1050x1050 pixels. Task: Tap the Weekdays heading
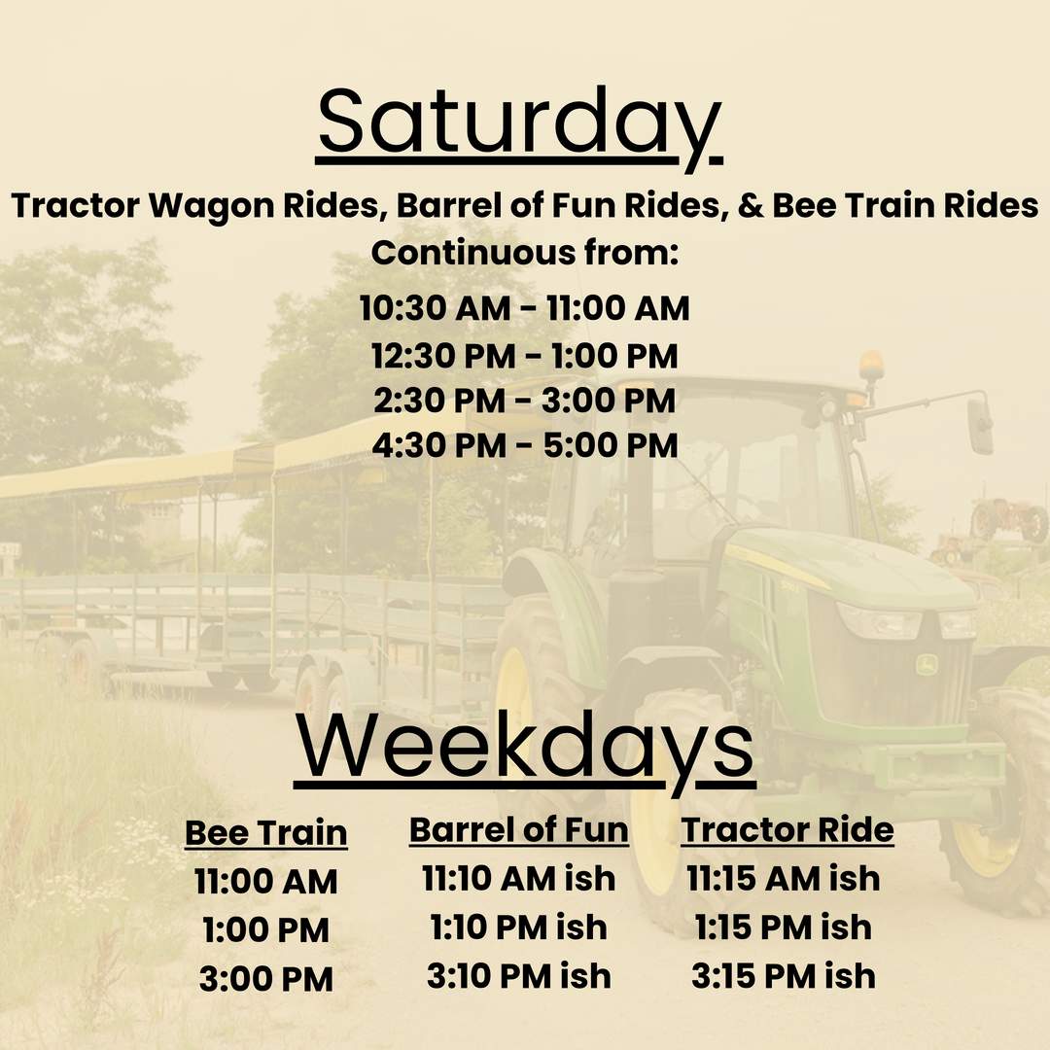[x=525, y=749]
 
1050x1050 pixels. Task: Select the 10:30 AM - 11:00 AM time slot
[x=524, y=308]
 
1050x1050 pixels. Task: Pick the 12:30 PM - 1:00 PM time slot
[x=524, y=356]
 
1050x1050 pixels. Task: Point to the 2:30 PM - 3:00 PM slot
[x=524, y=401]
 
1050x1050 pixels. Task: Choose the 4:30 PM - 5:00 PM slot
[x=525, y=445]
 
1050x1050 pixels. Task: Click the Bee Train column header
[x=265, y=833]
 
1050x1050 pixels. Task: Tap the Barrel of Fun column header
[x=519, y=829]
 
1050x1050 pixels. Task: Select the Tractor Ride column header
[x=787, y=829]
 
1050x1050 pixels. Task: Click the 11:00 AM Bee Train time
[x=265, y=881]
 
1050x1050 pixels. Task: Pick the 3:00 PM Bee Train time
[x=265, y=979]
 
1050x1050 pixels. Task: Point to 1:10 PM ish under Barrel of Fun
[x=519, y=927]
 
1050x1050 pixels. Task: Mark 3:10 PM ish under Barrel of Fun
[x=519, y=976]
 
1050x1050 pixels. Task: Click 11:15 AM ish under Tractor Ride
[x=784, y=879]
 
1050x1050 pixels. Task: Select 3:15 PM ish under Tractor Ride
[x=784, y=976]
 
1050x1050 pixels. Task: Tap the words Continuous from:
[x=525, y=253]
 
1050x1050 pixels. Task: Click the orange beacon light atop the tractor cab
[x=871, y=367]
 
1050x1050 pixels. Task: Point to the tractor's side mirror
[x=980, y=426]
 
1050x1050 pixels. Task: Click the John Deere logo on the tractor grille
[x=927, y=664]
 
